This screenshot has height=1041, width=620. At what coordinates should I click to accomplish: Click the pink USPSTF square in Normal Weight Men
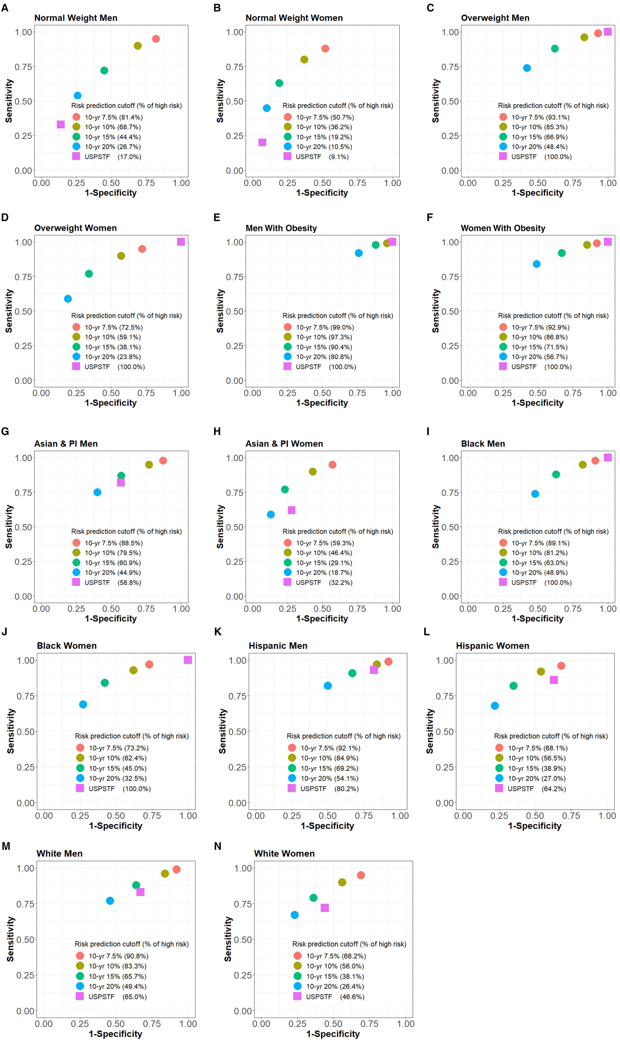61,125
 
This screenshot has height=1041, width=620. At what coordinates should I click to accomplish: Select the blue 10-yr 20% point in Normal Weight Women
267,108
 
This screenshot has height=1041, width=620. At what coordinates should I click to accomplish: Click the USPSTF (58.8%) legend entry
112,582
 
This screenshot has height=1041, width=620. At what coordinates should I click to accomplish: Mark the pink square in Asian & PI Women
292,510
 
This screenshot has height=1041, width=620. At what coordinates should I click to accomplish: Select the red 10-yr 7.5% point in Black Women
149,664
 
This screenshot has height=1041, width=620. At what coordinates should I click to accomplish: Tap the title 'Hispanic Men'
278,646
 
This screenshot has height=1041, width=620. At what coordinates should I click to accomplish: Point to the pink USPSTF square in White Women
325,908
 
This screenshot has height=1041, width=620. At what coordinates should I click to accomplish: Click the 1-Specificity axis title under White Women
333,1033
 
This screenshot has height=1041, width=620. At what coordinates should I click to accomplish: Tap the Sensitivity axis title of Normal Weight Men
9,101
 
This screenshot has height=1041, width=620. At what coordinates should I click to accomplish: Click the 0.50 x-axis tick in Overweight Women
111,393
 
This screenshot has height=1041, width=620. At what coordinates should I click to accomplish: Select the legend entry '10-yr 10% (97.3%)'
324,337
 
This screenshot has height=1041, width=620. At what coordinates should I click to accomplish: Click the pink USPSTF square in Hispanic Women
554,680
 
